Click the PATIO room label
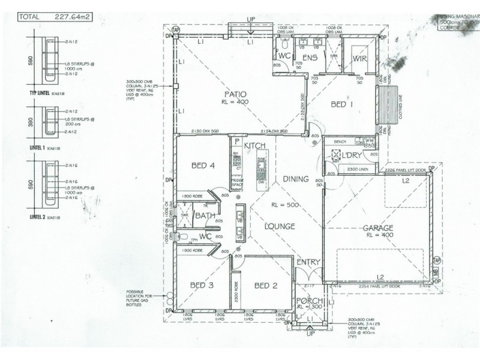(233, 94)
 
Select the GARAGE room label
(377, 228)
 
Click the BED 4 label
(203, 166)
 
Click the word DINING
(296, 179)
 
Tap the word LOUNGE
(280, 227)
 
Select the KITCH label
(254, 146)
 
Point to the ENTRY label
(308, 262)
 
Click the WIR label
(360, 58)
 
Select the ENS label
(310, 58)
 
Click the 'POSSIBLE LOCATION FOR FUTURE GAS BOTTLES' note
(142, 298)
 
